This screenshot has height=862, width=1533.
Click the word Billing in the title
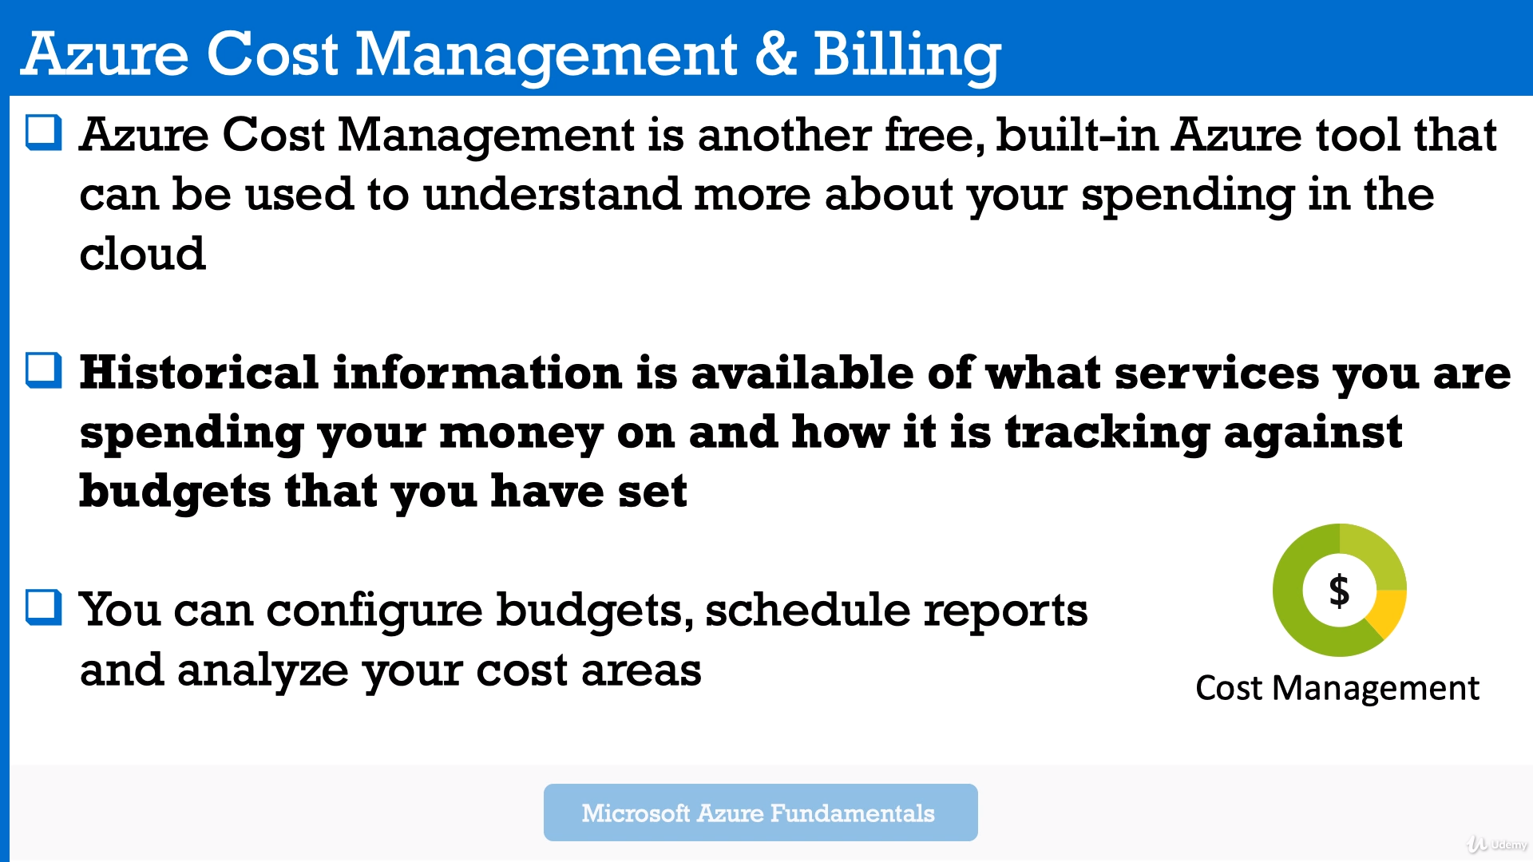tap(906, 55)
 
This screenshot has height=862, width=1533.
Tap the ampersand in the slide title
tap(775, 54)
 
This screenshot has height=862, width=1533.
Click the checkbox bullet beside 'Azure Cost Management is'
tap(44, 132)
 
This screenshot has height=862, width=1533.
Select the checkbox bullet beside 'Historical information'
tap(44, 370)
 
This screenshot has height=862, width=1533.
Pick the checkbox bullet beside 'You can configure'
tap(44, 607)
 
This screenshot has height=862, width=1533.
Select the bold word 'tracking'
tap(1107, 433)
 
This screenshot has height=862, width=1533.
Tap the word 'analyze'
tap(263, 670)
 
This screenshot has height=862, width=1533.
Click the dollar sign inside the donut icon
tap(1339, 591)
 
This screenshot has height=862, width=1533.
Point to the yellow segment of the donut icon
tap(1388, 613)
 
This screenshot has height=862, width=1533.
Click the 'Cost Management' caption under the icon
tap(1337, 688)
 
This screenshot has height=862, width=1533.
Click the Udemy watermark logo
tap(1497, 844)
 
